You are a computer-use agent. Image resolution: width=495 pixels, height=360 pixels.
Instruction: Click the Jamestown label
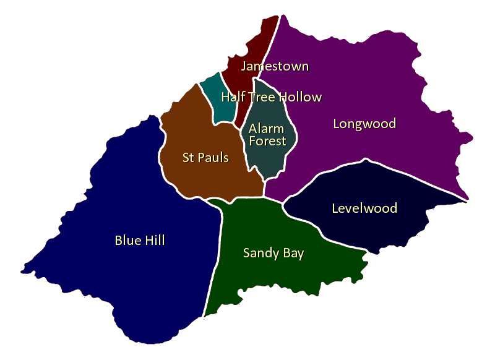(275, 66)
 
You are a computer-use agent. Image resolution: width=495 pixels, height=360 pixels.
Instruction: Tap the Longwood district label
(364, 124)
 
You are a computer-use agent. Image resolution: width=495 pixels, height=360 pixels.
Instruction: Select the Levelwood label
(364, 208)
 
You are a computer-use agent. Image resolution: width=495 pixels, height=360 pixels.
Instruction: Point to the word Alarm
(266, 129)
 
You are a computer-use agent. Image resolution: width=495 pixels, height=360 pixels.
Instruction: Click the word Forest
(267, 141)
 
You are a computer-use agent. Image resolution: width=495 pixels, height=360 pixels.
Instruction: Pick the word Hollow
(300, 97)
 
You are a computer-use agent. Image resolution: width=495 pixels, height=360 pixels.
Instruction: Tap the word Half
(233, 97)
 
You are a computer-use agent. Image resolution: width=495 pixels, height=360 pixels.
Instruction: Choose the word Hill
(155, 241)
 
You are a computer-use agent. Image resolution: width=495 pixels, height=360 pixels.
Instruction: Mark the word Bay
(293, 253)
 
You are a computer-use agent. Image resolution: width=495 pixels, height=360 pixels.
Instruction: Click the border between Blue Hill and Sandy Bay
(218, 260)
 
